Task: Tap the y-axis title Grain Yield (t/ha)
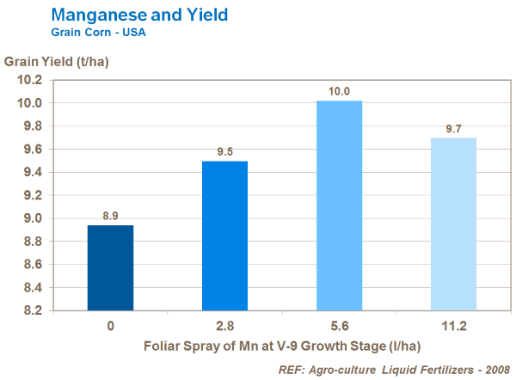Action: [x=57, y=62]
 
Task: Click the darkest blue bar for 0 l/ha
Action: [x=111, y=267]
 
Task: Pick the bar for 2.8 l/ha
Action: [x=224, y=236]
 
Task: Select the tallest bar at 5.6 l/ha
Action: [x=339, y=205]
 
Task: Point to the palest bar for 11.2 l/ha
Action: [x=453, y=224]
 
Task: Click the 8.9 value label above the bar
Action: [x=111, y=216]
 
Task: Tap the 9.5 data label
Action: [x=224, y=152]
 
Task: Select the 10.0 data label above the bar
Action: [x=339, y=90]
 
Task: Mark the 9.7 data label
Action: [x=453, y=128]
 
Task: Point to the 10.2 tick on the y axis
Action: [x=30, y=80]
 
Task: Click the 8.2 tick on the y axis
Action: [x=30, y=310]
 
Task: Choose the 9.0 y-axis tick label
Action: [x=30, y=218]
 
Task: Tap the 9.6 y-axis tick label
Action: [x=30, y=149]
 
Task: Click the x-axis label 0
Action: [x=111, y=327]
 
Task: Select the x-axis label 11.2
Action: [x=453, y=327]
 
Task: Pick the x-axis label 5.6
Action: [x=339, y=327]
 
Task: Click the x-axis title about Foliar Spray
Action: [x=282, y=346]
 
